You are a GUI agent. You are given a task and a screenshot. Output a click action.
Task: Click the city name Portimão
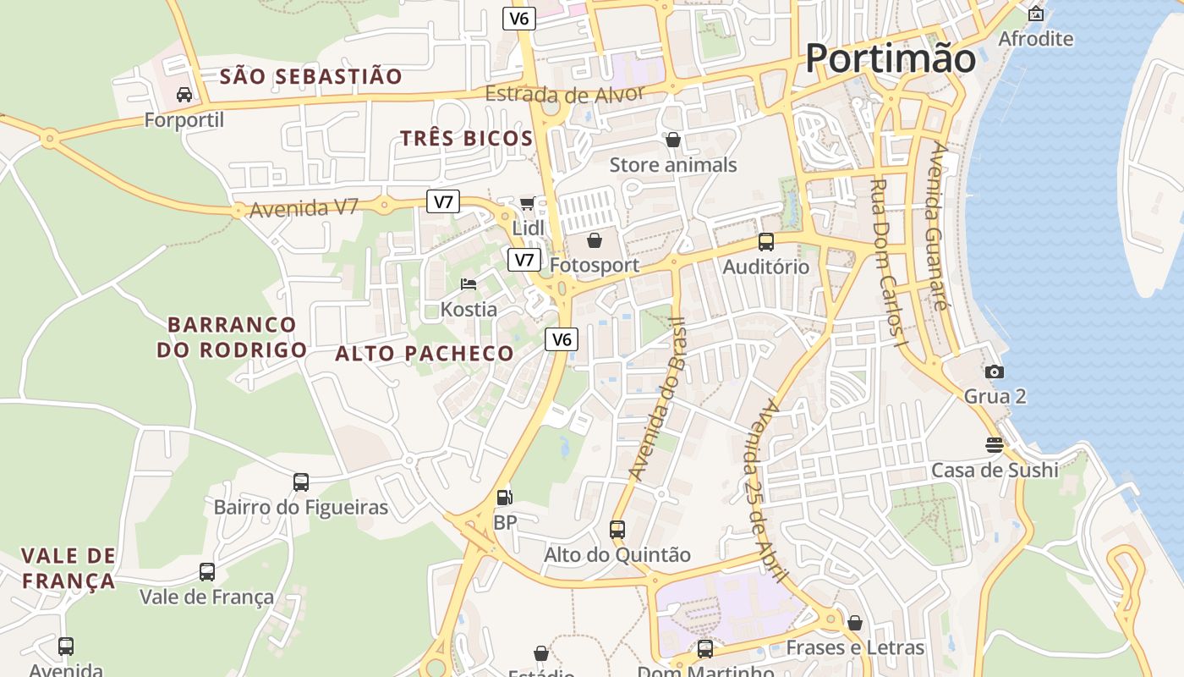(x=890, y=58)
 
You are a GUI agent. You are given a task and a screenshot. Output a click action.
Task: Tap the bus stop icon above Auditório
(x=766, y=242)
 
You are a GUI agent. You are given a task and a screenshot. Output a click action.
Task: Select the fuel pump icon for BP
(x=504, y=498)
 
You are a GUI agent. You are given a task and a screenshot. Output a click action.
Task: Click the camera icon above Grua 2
(x=995, y=372)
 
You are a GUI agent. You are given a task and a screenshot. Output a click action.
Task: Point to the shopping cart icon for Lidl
(x=528, y=203)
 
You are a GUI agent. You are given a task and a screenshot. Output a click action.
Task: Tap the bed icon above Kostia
(x=469, y=284)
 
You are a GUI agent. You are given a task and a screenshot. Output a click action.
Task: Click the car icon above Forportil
(x=184, y=95)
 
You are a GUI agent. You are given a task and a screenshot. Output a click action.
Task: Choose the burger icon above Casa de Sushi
(x=995, y=444)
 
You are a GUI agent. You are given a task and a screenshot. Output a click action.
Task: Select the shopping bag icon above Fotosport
(x=595, y=240)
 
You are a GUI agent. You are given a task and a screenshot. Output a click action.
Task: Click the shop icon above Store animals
(x=673, y=140)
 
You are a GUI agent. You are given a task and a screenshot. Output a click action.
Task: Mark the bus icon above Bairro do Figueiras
(x=301, y=482)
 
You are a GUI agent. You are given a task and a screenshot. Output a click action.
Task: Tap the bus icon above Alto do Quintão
(x=617, y=530)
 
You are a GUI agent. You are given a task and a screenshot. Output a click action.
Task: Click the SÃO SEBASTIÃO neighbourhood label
(x=311, y=76)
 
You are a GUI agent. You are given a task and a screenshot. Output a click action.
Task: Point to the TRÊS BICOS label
(x=467, y=139)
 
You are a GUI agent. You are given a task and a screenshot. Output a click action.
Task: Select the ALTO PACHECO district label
(x=425, y=354)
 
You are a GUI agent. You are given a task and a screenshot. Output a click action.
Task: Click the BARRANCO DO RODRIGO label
(x=232, y=337)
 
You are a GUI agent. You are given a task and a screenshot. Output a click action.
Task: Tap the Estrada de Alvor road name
(x=565, y=93)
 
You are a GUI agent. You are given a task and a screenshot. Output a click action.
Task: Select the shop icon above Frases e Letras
(x=855, y=623)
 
